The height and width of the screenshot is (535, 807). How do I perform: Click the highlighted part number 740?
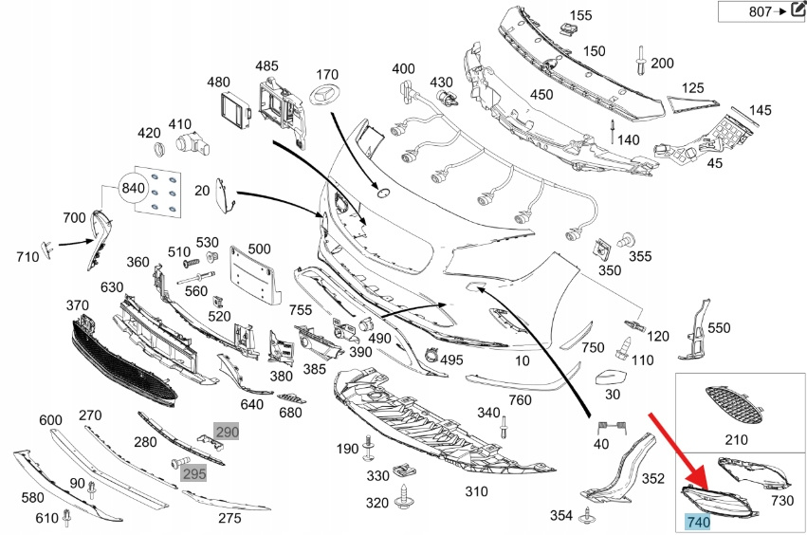click(697, 522)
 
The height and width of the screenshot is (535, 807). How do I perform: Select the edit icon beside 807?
click(796, 10)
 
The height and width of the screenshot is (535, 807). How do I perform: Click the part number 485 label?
click(266, 66)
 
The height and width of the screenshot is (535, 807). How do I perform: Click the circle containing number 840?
click(134, 189)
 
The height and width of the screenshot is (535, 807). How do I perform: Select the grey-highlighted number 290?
click(227, 432)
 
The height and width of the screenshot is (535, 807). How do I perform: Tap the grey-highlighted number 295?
click(194, 472)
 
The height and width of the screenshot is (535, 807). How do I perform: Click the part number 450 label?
click(541, 95)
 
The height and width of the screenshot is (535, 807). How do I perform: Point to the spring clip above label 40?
click(600, 427)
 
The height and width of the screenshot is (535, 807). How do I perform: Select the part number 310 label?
click(476, 492)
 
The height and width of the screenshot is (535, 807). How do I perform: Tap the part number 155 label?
click(580, 15)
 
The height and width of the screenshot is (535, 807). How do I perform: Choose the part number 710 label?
click(28, 256)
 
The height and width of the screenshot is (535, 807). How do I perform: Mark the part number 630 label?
click(112, 287)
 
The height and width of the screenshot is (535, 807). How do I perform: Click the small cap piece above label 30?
click(614, 377)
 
